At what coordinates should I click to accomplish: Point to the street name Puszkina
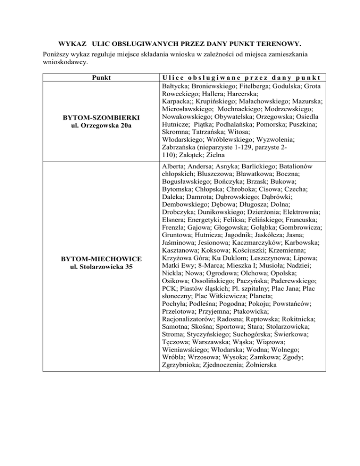point(300,123)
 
